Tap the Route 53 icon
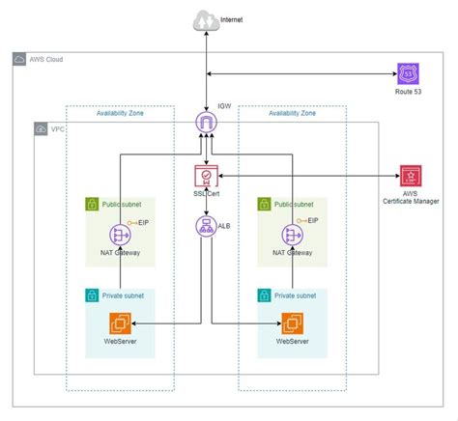pyautogui.click(x=408, y=74)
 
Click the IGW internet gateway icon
pyautogui.click(x=205, y=123)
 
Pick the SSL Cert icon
pyautogui.click(x=205, y=177)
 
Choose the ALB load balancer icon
pyautogui.click(x=205, y=227)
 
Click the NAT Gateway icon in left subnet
pyautogui.click(x=120, y=234)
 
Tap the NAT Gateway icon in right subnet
pyautogui.click(x=288, y=234)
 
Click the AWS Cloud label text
pyautogui.click(x=51, y=60)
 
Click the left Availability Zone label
pyautogui.click(x=121, y=113)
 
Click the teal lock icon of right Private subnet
pyautogui.click(x=262, y=295)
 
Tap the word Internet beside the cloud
pyautogui.click(x=233, y=19)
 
